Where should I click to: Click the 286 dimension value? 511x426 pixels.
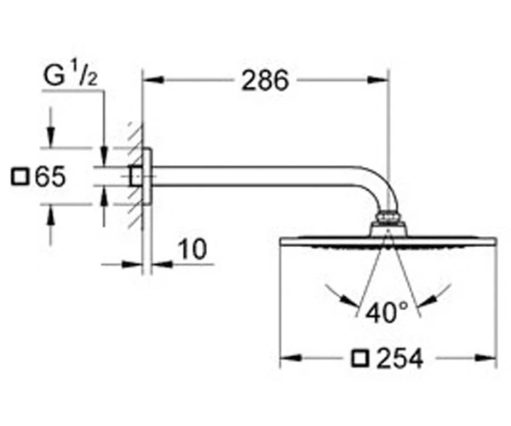tap(265, 80)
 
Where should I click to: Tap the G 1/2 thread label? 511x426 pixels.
tap(71, 75)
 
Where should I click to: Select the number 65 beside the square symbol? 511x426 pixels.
tap(50, 177)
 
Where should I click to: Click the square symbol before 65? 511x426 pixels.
tap(20, 177)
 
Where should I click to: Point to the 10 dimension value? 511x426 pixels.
tap(192, 250)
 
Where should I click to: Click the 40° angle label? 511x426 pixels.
tap(387, 312)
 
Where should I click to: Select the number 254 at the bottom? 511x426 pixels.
tap(399, 359)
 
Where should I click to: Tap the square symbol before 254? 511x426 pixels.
tap(361, 359)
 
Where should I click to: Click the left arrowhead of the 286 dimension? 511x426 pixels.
tap(153, 80)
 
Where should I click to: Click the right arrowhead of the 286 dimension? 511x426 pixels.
tap(378, 80)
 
